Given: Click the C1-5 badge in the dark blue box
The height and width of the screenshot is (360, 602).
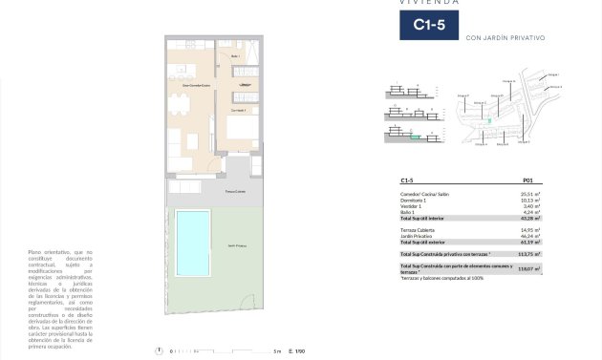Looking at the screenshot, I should click(427, 25).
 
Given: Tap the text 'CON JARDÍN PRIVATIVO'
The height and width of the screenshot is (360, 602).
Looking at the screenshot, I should click(504, 38).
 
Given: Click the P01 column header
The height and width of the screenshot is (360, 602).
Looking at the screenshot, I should click(528, 180).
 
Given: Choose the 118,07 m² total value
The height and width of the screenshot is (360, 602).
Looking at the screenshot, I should click(527, 269).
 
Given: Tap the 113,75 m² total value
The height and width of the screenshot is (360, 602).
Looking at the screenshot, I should click(527, 254).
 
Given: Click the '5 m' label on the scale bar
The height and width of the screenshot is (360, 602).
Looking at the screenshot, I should click(276, 350).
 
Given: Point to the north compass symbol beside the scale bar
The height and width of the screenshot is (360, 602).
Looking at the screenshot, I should click(156, 350).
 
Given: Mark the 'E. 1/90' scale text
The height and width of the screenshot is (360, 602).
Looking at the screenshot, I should click(296, 350).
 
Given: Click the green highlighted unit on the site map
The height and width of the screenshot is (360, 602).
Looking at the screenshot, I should click(490, 121).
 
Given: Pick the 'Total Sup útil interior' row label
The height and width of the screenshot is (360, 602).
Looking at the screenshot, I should click(426, 218).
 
